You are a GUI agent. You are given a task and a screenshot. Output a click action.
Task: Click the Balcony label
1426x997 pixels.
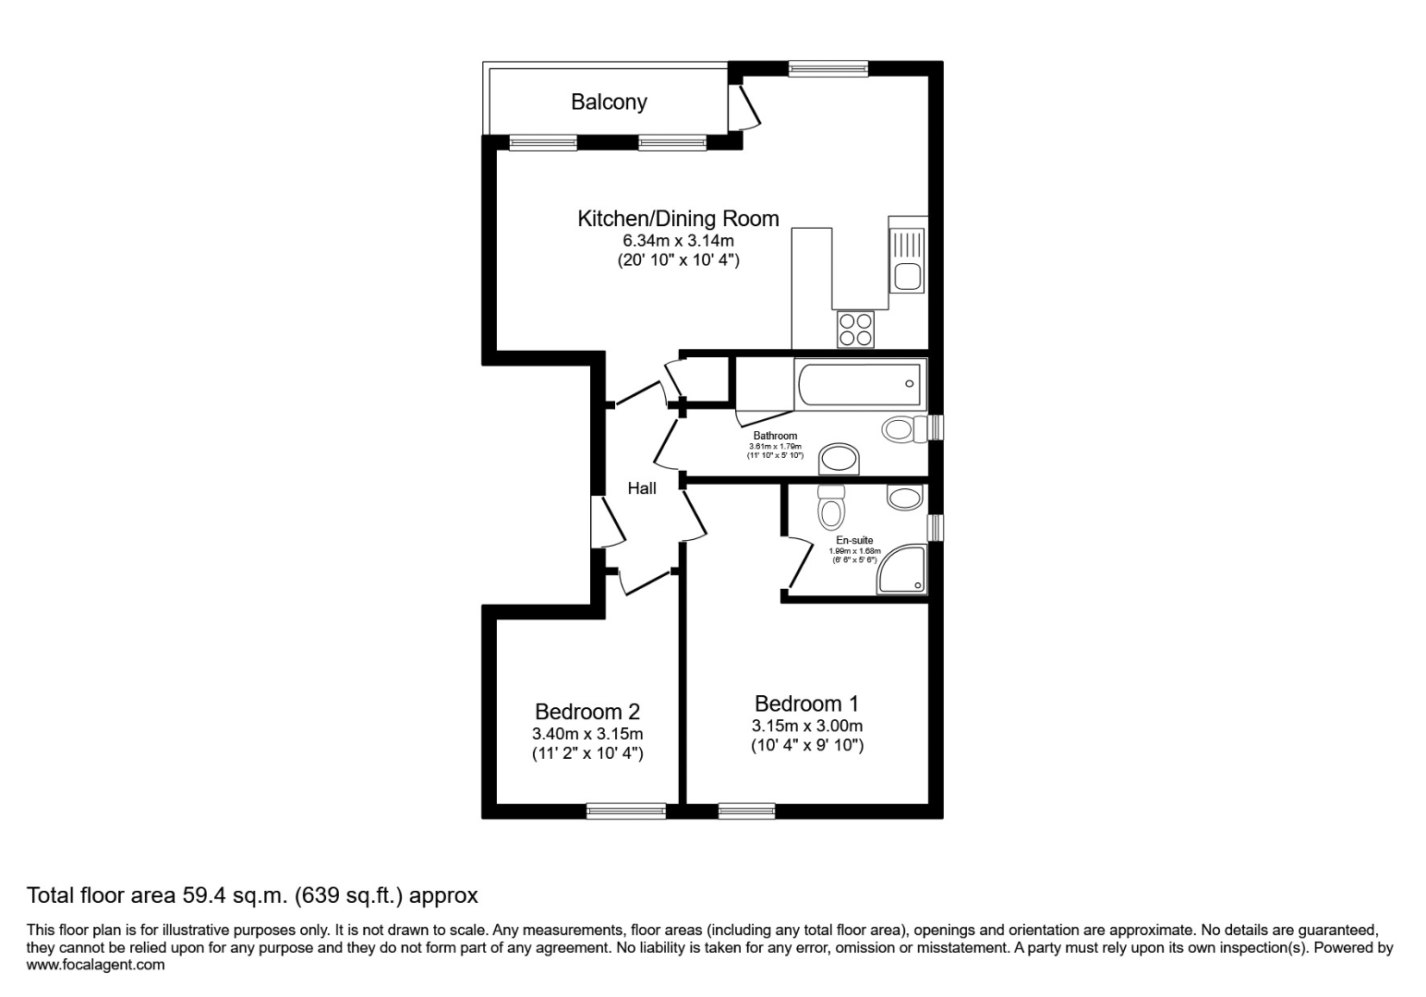[x=609, y=102]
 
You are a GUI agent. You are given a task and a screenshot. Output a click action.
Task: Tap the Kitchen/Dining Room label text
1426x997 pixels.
[x=678, y=219]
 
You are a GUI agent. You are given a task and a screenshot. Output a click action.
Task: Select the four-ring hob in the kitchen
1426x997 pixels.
[x=855, y=330]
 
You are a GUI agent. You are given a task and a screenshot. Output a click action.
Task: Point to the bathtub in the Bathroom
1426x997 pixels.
[x=860, y=384]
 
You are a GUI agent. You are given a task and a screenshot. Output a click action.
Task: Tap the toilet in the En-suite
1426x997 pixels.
[x=831, y=507]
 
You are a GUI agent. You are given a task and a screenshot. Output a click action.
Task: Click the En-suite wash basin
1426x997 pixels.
[x=904, y=498]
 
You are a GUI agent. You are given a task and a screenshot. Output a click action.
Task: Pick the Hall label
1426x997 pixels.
[x=642, y=488]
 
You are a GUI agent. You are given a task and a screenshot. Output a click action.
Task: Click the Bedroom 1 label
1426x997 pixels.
[x=806, y=704]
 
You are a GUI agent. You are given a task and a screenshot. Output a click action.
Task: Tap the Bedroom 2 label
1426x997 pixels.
[x=587, y=712]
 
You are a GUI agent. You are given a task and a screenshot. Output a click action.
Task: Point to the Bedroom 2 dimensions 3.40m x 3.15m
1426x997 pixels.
[x=587, y=734]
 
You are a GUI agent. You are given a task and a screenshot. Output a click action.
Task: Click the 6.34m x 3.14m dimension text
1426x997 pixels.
[x=678, y=241]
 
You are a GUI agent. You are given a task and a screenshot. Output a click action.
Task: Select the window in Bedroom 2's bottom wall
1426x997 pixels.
[x=626, y=811]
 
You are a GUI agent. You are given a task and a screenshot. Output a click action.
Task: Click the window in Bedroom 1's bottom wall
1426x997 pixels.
[x=746, y=811]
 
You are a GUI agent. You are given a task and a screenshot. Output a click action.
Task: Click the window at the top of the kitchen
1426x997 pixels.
[x=828, y=68]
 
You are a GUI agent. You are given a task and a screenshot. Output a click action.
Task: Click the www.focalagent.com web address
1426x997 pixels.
[x=96, y=965]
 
